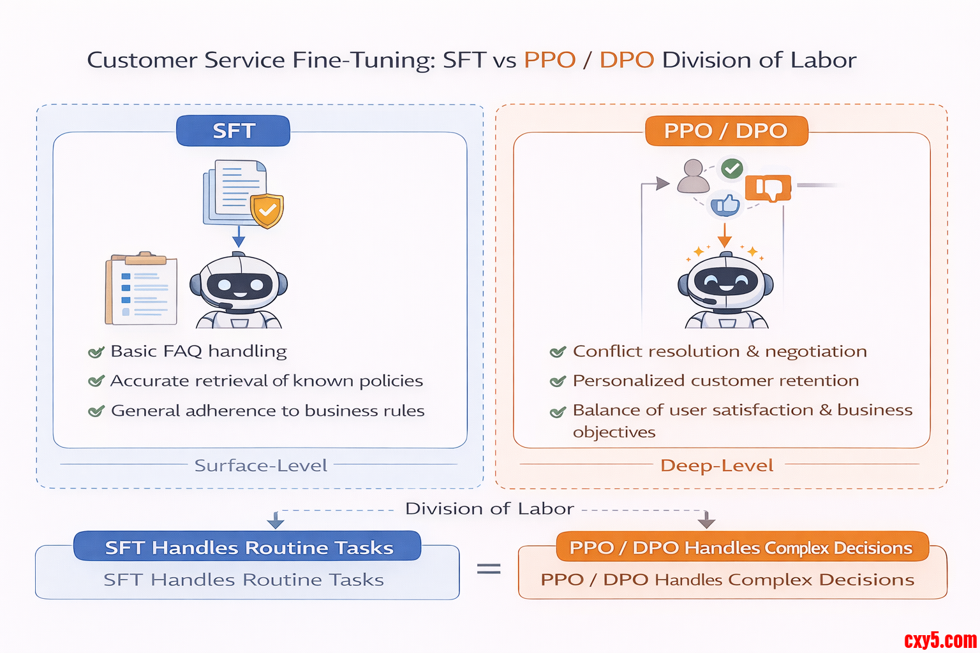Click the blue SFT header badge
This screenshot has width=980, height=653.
tap(234, 131)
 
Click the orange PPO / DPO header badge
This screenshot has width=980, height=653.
tap(726, 131)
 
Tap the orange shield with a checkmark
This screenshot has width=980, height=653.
tap(267, 210)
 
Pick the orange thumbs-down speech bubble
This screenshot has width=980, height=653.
tap(768, 188)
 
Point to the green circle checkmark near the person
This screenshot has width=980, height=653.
tap(732, 168)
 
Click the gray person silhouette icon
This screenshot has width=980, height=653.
tap(693, 177)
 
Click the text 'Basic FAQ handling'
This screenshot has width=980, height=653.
tap(198, 351)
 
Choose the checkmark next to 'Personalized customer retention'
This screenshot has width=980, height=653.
tap(558, 381)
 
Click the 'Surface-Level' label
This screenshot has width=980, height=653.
tap(260, 466)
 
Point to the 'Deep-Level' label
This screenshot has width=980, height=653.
tap(716, 466)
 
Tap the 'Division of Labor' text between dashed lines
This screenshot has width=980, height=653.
tap(489, 509)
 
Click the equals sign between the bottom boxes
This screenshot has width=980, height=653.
tap(489, 568)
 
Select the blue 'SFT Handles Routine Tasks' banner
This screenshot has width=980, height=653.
tap(248, 547)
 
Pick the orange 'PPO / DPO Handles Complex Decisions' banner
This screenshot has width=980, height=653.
tap(741, 548)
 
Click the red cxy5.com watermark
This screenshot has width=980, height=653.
tap(940, 640)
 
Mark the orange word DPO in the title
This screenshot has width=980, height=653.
tap(627, 60)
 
